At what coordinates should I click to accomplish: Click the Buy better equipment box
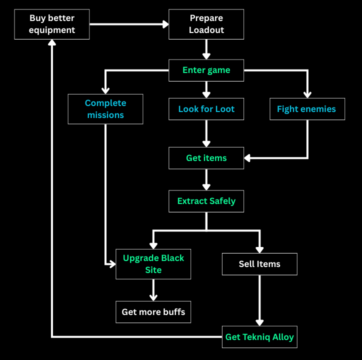52,24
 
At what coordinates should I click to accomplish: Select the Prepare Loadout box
206,24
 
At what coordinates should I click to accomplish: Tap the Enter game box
206,70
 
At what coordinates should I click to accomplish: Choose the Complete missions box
105,109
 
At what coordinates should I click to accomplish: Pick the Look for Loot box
206,109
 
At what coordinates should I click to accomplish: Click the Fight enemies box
306,109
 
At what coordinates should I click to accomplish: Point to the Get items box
206,158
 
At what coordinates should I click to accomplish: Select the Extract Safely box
206,201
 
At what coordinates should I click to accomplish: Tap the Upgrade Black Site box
153,264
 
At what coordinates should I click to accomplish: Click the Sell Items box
259,264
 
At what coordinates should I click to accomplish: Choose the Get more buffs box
153,312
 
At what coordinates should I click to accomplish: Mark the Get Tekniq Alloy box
259,337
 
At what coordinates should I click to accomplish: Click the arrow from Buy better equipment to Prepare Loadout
129,23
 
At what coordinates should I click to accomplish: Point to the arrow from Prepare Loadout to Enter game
206,49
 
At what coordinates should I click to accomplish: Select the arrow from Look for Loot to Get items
206,133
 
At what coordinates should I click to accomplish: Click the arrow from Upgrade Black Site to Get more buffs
153,290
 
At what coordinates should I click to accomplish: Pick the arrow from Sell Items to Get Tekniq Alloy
259,300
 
